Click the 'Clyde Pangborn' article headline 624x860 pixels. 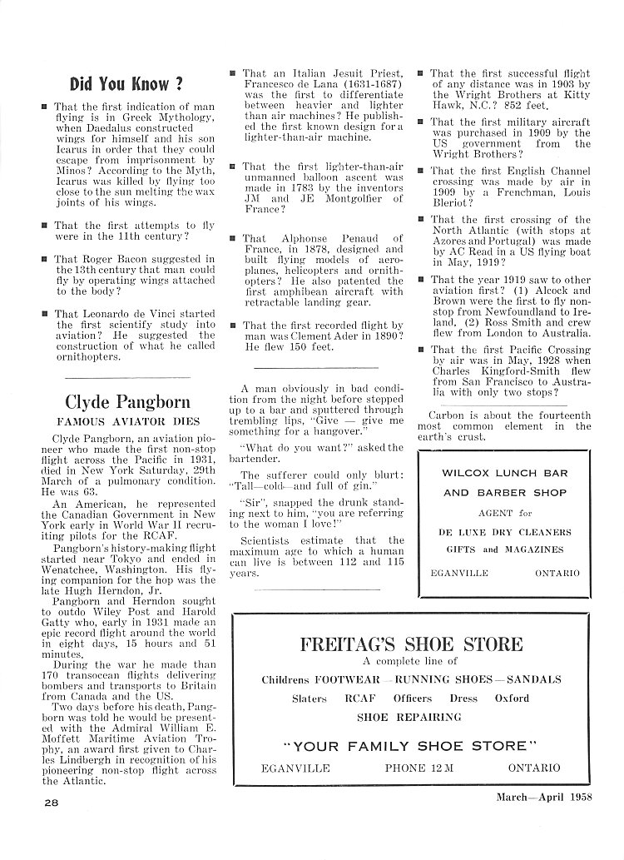pyautogui.click(x=127, y=401)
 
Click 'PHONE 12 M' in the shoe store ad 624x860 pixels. pyautogui.click(x=418, y=768)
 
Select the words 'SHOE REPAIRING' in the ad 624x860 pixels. pyautogui.click(x=409, y=717)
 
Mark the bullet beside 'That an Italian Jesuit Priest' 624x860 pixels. pyautogui.click(x=232, y=73)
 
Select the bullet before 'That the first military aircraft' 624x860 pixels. pyautogui.click(x=420, y=122)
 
